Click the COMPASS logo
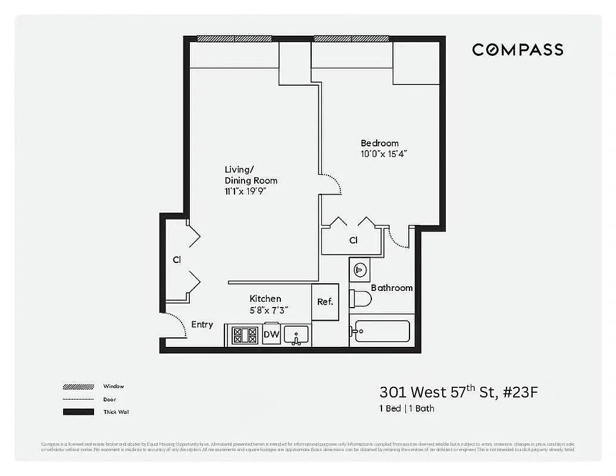pyautogui.click(x=517, y=49)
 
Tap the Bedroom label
pyautogui.click(x=380, y=143)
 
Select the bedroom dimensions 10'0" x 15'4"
pyautogui.click(x=384, y=154)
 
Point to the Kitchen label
pyautogui.click(x=265, y=299)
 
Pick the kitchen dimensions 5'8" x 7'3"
pyautogui.click(x=268, y=309)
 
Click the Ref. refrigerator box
pyautogui.click(x=325, y=302)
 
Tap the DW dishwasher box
pyautogui.click(x=271, y=335)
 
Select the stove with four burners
pyautogui.click(x=244, y=335)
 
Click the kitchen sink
pyautogui.click(x=296, y=335)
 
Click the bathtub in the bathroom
pyautogui.click(x=380, y=331)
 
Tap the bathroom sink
pyautogui.click(x=359, y=270)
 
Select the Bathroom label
pyautogui.click(x=392, y=288)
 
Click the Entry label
pyautogui.click(x=202, y=324)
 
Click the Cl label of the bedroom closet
pyautogui.click(x=354, y=240)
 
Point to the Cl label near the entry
pyautogui.click(x=177, y=260)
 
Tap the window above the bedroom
pyautogui.click(x=351, y=39)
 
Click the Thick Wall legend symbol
pyautogui.click(x=78, y=412)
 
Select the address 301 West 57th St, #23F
pyautogui.click(x=462, y=392)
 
